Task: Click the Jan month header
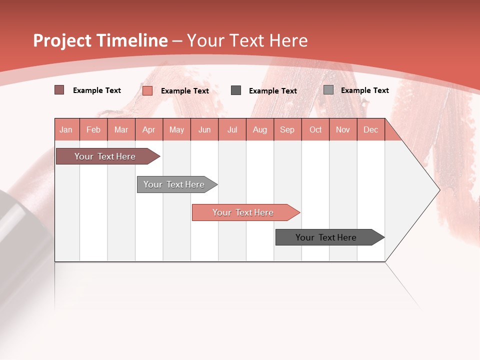point(66,129)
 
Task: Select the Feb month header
point(93,129)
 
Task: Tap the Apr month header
point(148,129)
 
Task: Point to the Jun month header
point(204,129)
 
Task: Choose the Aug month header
point(259,129)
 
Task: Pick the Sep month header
point(287,129)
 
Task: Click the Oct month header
point(315,129)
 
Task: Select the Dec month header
point(370,129)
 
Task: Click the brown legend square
point(59,90)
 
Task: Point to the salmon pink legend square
point(147,90)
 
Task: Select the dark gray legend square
point(236,90)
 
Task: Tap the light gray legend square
point(328,90)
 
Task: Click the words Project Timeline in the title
point(100,40)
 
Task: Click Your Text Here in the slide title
point(247,40)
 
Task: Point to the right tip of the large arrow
point(438,189)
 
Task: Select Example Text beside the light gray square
point(364,90)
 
